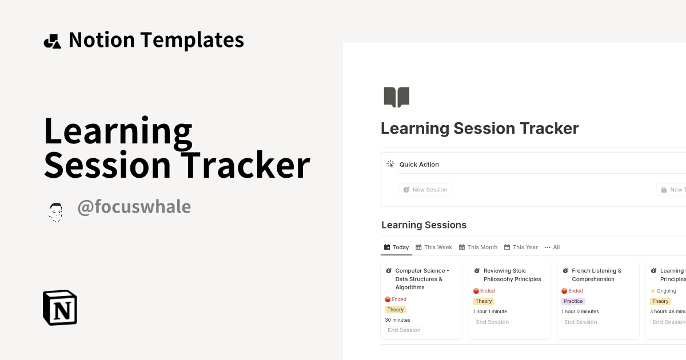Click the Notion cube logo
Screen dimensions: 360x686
point(60,308)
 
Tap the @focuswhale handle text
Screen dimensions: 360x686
point(134,207)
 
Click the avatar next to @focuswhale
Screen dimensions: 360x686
point(55,212)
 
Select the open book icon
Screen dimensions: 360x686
point(396,97)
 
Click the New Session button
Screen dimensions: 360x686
point(425,190)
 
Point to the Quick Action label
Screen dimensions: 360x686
point(419,165)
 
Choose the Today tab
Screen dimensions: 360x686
point(396,247)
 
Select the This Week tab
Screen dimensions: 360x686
point(434,247)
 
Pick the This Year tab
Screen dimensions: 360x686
point(521,247)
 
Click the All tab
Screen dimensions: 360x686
point(552,247)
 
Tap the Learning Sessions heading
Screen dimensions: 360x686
point(424,225)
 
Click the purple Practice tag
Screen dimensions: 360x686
point(573,301)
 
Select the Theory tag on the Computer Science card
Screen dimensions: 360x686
point(395,310)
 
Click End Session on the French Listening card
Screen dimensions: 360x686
point(580,322)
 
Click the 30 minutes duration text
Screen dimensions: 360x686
point(397,320)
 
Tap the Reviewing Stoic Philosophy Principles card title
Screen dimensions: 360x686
point(512,275)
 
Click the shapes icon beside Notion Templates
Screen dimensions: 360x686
point(52,41)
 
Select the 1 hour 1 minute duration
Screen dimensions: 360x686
point(490,311)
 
